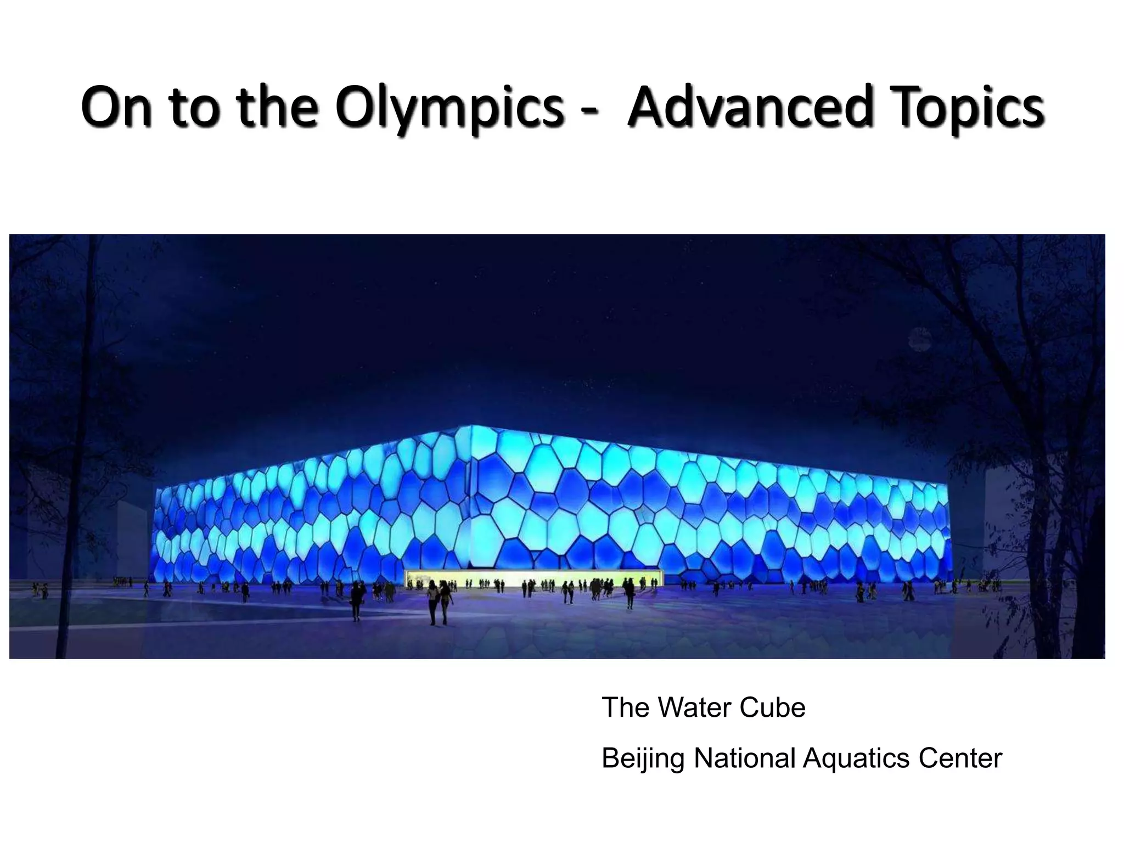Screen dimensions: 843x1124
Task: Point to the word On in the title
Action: [x=116, y=106]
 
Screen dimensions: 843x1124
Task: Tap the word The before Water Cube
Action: [x=625, y=707]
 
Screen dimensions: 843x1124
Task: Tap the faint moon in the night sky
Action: [x=920, y=339]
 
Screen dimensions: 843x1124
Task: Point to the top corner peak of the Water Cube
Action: [x=470, y=426]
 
